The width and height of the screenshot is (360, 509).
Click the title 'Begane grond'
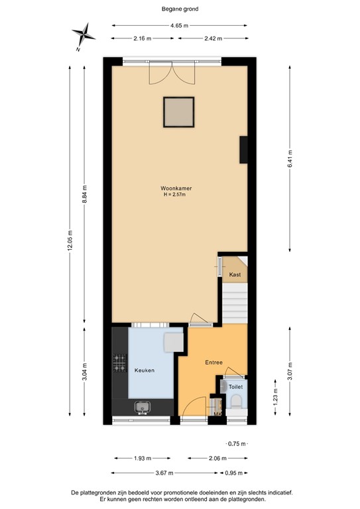pos(180,9)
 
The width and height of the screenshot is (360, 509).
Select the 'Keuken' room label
pos(145,370)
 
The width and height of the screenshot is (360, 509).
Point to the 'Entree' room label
pos(213,363)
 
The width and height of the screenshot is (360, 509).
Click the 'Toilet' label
pos(236,385)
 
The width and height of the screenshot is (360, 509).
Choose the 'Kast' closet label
pos(235,274)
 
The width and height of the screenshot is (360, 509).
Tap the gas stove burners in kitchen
pos(120,363)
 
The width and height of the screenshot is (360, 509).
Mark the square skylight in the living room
pos(179,112)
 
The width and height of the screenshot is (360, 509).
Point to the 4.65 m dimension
pos(180,26)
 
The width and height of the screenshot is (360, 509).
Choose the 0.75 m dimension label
pos(236,444)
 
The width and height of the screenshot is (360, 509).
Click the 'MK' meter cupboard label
pos(217,416)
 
